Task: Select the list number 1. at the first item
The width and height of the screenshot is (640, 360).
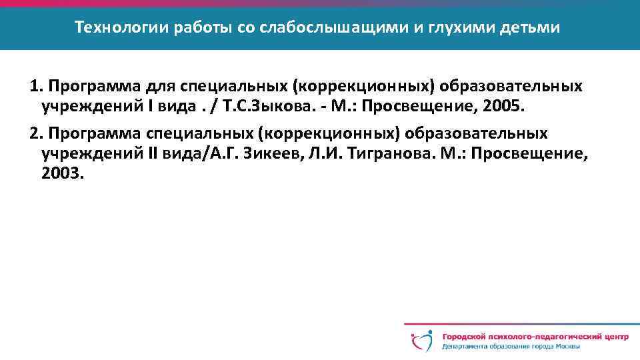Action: click(x=37, y=87)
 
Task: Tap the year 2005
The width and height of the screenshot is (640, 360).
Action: click(x=507, y=105)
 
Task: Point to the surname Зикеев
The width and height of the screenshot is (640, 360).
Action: click(x=270, y=154)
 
